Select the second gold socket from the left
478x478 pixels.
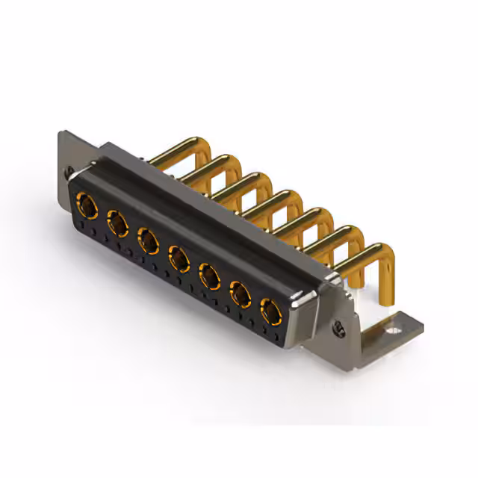coord(117,221)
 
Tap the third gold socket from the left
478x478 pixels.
coord(148,240)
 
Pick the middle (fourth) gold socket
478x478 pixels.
coord(179,258)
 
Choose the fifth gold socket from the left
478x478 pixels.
coord(210,277)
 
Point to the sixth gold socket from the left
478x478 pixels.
coord(240,295)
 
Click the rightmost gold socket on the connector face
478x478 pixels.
coord(270,311)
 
